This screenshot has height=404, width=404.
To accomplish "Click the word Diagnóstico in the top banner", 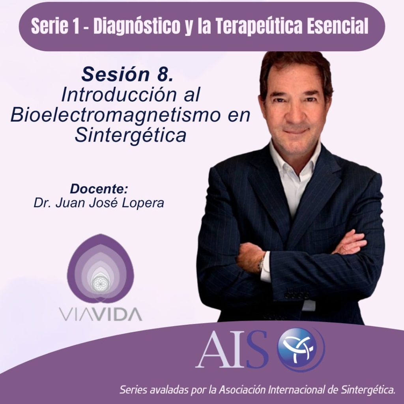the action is [x=137, y=26].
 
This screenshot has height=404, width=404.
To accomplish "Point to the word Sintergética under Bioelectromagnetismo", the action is [x=130, y=135].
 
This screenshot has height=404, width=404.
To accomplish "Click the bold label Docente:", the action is [x=99, y=189].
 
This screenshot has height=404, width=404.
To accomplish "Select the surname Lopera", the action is [x=143, y=203].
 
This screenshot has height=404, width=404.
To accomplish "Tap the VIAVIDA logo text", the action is [x=101, y=314].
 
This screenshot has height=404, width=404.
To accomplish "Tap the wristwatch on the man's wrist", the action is [x=262, y=262].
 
